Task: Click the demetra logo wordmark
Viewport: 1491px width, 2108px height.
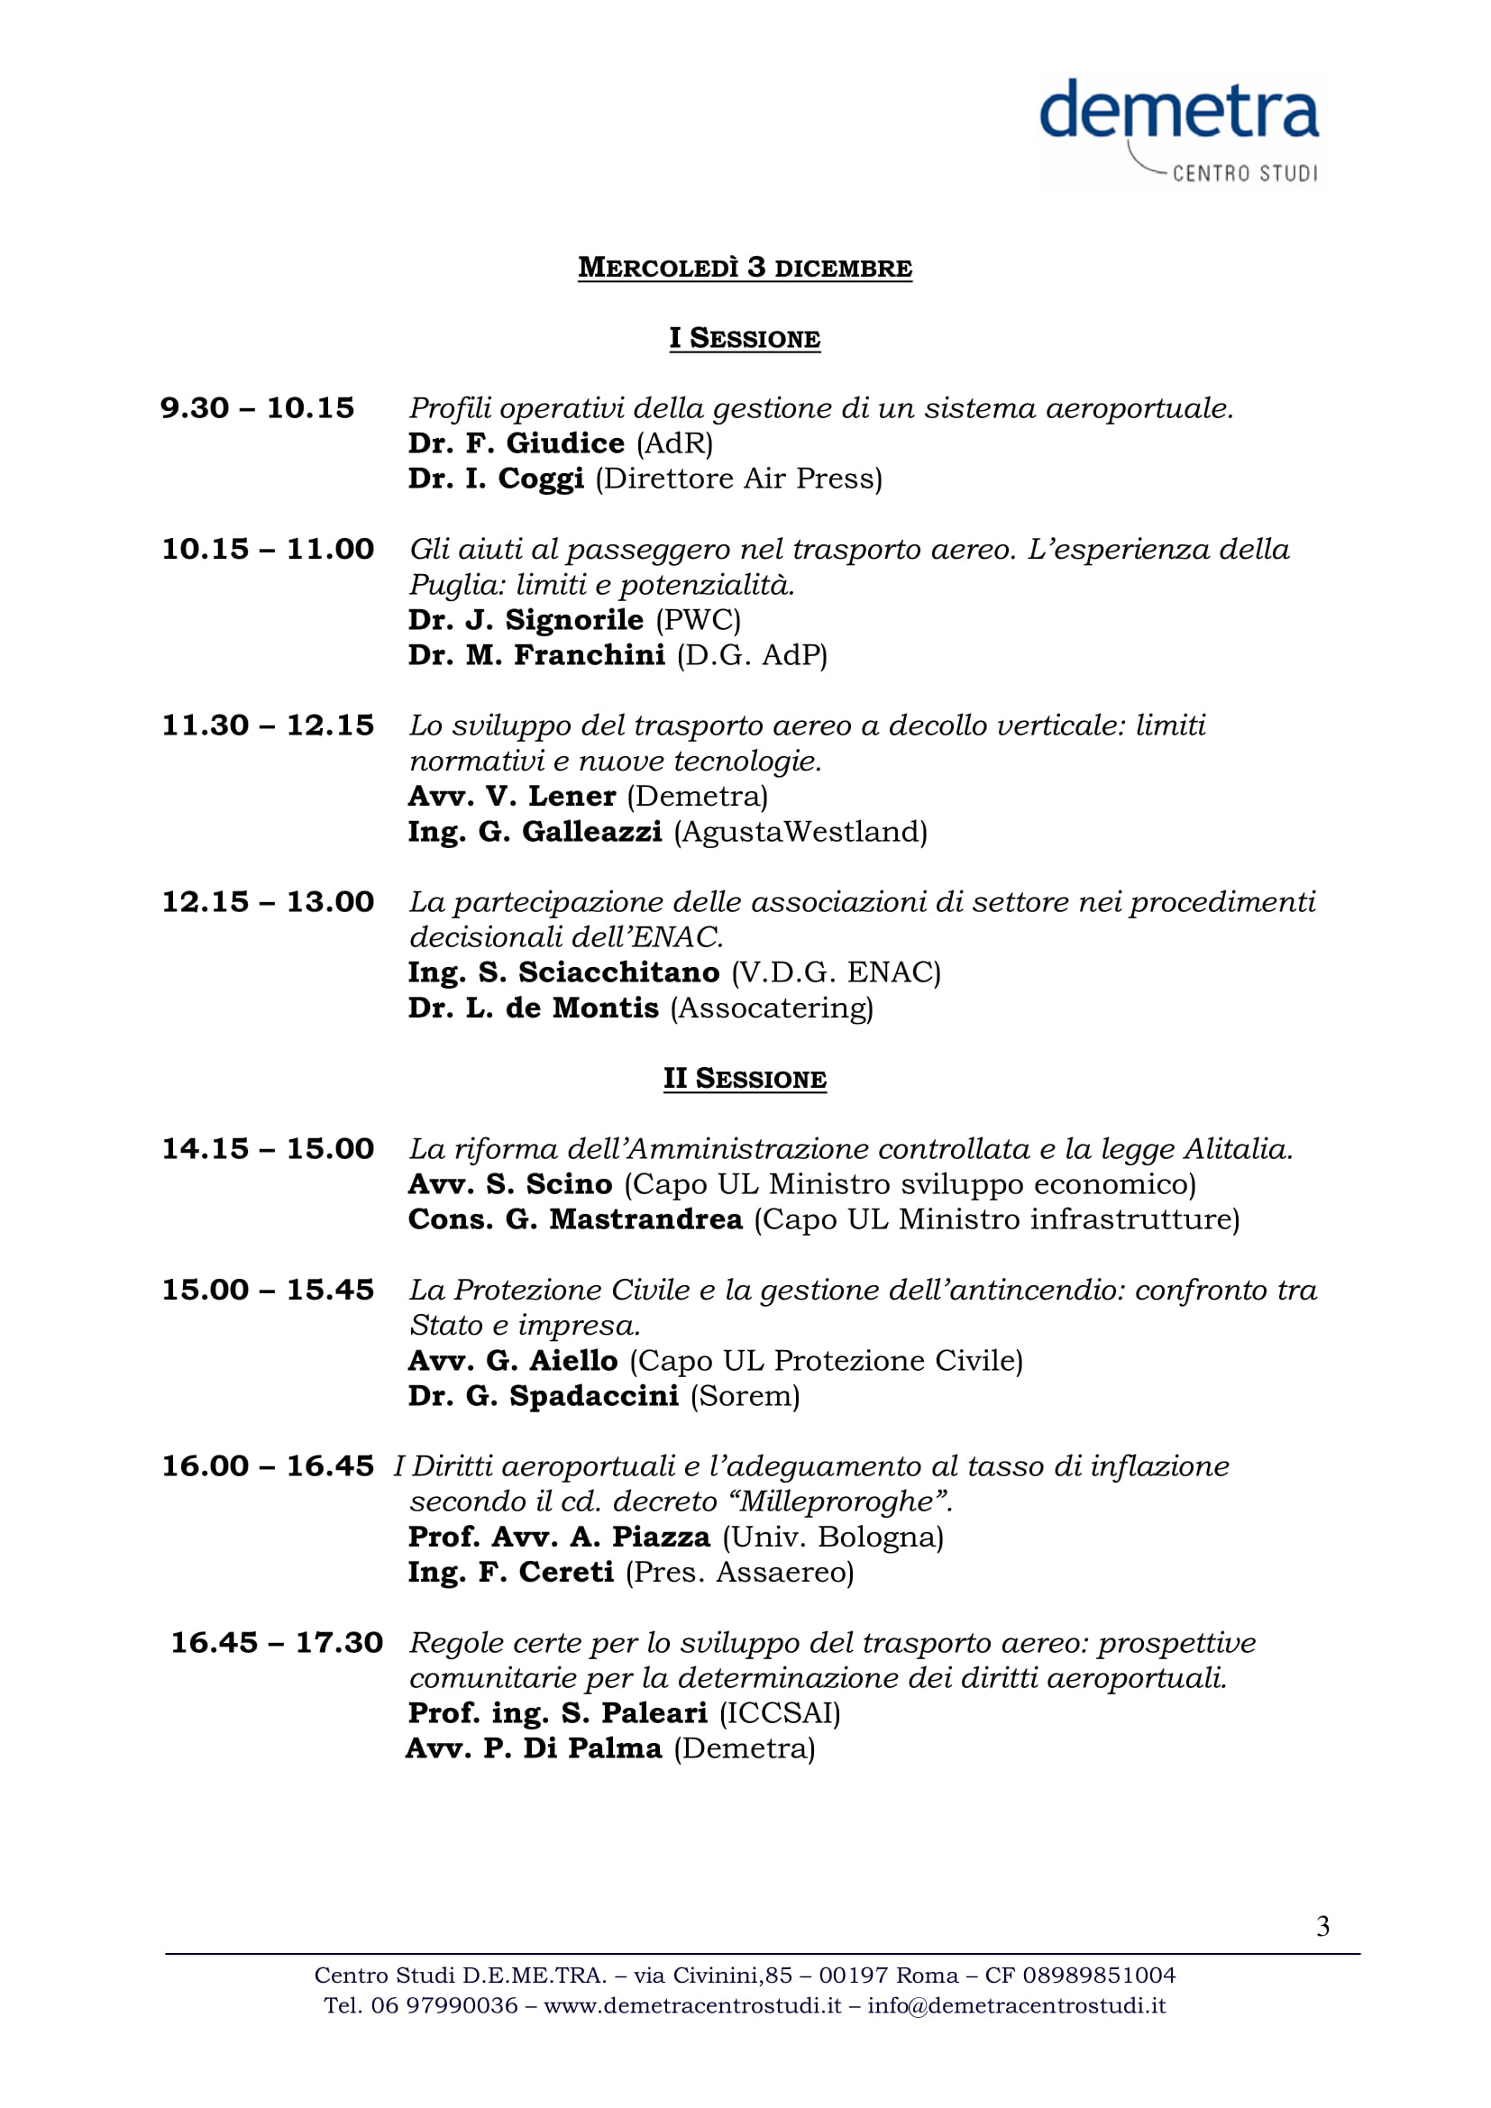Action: (x=1179, y=111)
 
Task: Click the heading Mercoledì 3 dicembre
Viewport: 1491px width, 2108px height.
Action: (x=745, y=268)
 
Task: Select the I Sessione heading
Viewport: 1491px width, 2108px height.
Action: (x=745, y=339)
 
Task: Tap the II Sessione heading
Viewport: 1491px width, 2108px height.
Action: (x=745, y=1079)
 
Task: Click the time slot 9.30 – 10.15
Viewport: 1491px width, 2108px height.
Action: (x=257, y=408)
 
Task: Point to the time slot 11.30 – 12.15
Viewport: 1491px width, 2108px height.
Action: (x=268, y=726)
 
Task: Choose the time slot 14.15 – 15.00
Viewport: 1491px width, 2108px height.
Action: (x=268, y=1149)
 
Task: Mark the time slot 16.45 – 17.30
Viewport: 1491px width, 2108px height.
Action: (x=277, y=1644)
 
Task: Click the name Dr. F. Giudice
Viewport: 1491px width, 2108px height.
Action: (x=516, y=443)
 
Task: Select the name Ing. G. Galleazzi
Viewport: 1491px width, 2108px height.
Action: (x=535, y=832)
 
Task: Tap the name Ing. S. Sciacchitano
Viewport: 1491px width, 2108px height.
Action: (x=563, y=972)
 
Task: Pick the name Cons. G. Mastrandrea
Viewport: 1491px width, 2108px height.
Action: (x=575, y=1220)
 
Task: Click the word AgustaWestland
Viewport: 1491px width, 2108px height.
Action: (x=800, y=832)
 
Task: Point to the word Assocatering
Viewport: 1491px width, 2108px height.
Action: (x=772, y=1008)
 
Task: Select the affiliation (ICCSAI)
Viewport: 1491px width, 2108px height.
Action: (x=780, y=1713)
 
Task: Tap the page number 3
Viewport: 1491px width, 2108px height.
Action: (x=1322, y=1926)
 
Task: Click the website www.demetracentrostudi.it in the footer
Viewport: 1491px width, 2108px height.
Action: (x=692, y=2005)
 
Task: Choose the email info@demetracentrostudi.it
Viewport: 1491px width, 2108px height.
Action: (x=1016, y=2005)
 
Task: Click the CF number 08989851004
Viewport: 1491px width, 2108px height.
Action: (x=1099, y=1975)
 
